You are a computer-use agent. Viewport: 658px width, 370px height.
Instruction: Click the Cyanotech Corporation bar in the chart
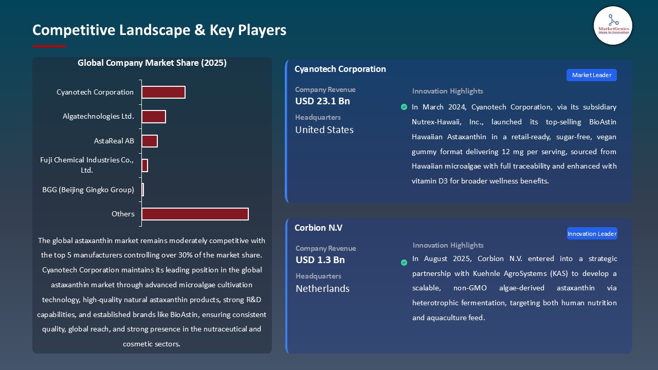pyautogui.click(x=163, y=92)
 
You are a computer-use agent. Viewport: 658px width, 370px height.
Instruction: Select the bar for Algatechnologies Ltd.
pyautogui.click(x=154, y=117)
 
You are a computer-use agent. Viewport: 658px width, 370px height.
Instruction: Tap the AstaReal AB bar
pyautogui.click(x=150, y=141)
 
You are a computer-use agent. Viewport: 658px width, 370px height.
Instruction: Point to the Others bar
pyautogui.click(x=195, y=214)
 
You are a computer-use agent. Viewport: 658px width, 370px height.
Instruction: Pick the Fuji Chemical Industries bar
pyautogui.click(x=145, y=165)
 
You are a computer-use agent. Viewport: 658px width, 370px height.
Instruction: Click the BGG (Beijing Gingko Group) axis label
pyautogui.click(x=88, y=190)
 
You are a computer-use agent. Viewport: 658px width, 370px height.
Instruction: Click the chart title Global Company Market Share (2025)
pyautogui.click(x=152, y=63)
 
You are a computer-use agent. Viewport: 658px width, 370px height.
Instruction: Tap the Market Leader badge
pyautogui.click(x=591, y=75)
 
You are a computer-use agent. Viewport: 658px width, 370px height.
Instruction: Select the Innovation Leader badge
pyautogui.click(x=592, y=234)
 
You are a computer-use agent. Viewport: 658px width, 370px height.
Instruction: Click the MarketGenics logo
pyautogui.click(x=613, y=25)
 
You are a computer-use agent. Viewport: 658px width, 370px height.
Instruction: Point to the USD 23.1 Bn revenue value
pyautogui.click(x=322, y=101)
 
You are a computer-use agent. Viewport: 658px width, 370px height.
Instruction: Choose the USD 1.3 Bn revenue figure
pyautogui.click(x=320, y=260)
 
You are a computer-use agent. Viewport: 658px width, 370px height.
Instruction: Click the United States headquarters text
pyautogui.click(x=324, y=130)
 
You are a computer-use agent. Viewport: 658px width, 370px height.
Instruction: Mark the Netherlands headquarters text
pyautogui.click(x=322, y=289)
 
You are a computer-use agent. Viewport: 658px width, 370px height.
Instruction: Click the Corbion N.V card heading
pyautogui.click(x=318, y=228)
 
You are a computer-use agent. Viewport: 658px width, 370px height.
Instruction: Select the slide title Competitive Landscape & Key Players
pyautogui.click(x=159, y=30)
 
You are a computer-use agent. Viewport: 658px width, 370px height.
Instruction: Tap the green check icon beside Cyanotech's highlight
pyautogui.click(x=404, y=107)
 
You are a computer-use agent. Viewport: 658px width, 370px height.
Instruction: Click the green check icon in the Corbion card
pyautogui.click(x=404, y=263)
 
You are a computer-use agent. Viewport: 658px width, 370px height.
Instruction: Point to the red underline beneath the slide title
pyautogui.click(x=49, y=46)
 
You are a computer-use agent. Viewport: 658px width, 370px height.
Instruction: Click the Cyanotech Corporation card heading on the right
pyautogui.click(x=340, y=69)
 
